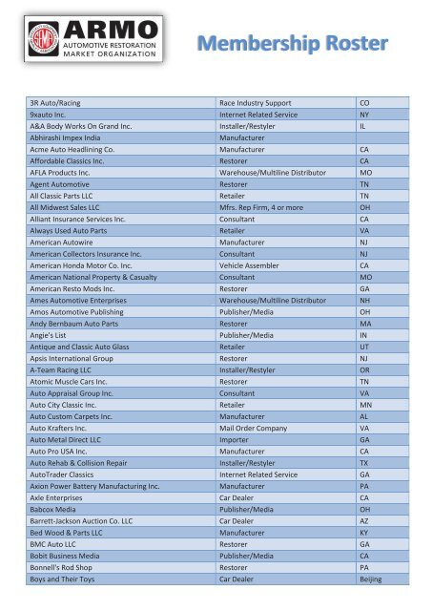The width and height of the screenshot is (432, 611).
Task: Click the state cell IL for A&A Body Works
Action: coord(363,125)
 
